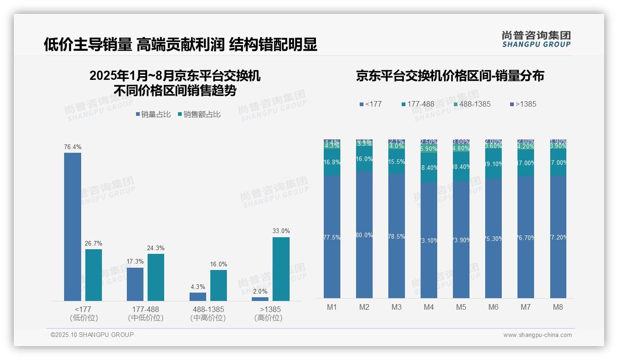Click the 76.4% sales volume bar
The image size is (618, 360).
(72, 227)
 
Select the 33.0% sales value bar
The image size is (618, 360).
(281, 269)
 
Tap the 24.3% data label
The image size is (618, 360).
(156, 248)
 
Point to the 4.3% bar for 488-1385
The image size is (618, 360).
(198, 297)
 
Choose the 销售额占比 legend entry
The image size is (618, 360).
(199, 114)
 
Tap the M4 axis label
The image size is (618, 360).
(429, 307)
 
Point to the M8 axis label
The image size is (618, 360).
(558, 307)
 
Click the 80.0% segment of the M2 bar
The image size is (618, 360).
(364, 235)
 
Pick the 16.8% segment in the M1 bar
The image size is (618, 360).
(332, 162)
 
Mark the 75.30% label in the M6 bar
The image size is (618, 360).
(493, 239)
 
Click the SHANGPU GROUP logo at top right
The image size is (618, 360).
(536, 39)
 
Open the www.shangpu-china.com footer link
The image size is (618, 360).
(537, 335)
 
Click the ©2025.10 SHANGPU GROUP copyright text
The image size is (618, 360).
(92, 335)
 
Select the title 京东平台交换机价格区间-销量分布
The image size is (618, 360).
(450, 76)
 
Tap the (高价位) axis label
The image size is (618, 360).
(268, 318)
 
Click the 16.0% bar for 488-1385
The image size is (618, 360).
(219, 285)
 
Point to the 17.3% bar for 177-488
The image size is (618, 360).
(135, 284)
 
